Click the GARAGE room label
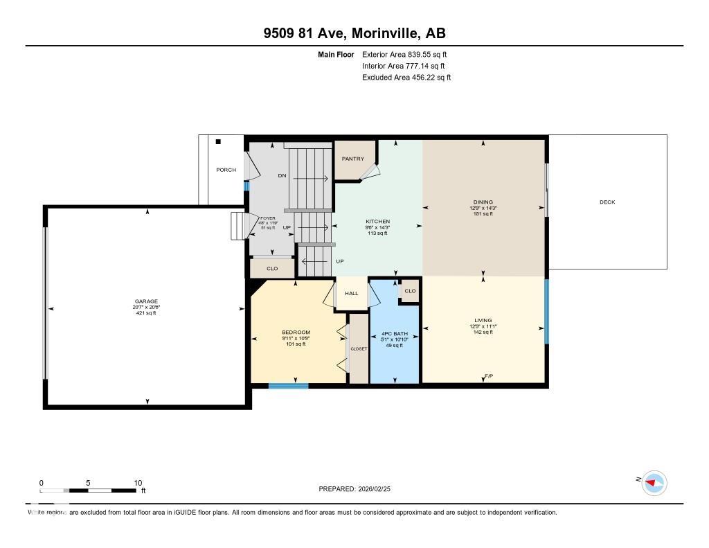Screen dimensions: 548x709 pyautogui.click(x=146, y=301)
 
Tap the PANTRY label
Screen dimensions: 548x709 pyautogui.click(x=352, y=159)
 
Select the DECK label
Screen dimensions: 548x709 pyautogui.click(x=607, y=202)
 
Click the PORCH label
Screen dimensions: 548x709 pyautogui.click(x=226, y=170)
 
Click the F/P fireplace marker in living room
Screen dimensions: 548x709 pyautogui.click(x=488, y=376)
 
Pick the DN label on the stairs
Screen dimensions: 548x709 pyautogui.click(x=282, y=175)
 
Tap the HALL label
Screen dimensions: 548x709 pyautogui.click(x=352, y=294)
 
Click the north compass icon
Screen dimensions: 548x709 pyautogui.click(x=654, y=482)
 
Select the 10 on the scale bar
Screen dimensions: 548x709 pyautogui.click(x=138, y=483)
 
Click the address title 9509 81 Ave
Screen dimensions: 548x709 pyautogui.click(x=354, y=33)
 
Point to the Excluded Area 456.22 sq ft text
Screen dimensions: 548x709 pyautogui.click(x=406, y=78)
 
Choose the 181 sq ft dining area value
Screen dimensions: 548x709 pyautogui.click(x=483, y=214)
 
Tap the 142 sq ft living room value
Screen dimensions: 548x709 pyautogui.click(x=483, y=333)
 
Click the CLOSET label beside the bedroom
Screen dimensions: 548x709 pyautogui.click(x=359, y=349)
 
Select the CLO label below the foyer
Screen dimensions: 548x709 pyautogui.click(x=272, y=268)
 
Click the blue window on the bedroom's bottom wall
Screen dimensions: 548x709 pyautogui.click(x=288, y=386)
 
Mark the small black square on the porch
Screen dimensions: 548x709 pyautogui.click(x=218, y=142)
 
